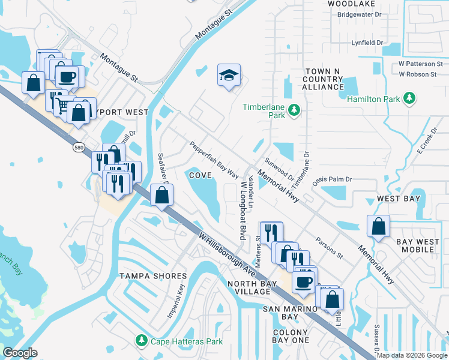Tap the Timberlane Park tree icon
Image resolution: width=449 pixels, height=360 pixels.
pyautogui.click(x=294, y=109)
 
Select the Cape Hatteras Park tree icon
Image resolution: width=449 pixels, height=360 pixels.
pyautogui.click(x=141, y=341)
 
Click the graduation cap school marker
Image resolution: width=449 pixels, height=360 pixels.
pyautogui.click(x=229, y=75)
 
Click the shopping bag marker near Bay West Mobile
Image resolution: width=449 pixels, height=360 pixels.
pyautogui.click(x=378, y=226)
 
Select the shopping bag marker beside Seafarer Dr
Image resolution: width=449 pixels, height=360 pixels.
pyautogui.click(x=161, y=195)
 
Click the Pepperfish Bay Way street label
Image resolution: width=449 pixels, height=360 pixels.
pyautogui.click(x=214, y=159)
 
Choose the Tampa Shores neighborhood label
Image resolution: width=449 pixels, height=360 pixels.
pyautogui.click(x=152, y=276)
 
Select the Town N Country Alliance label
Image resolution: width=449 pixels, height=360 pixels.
pyautogui.click(x=322, y=79)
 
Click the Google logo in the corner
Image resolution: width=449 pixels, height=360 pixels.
pyautogui.click(x=20, y=353)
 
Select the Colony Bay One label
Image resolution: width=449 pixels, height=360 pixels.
pyautogui.click(x=291, y=336)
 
